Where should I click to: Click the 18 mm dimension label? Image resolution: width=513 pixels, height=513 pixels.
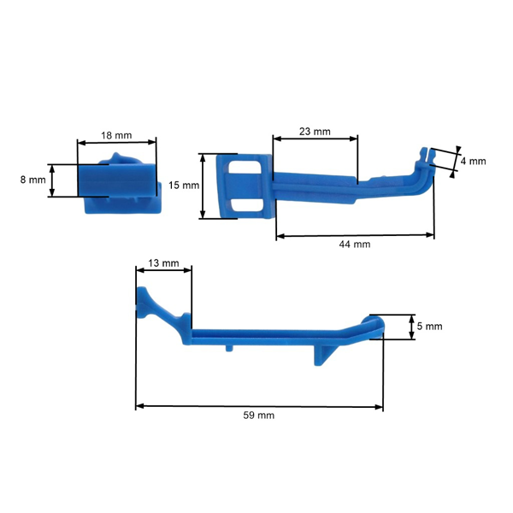116,135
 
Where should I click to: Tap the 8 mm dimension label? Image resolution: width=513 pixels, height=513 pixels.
32,180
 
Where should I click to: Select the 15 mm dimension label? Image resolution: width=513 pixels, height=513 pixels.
183,185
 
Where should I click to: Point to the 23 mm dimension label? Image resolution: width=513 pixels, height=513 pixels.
315,131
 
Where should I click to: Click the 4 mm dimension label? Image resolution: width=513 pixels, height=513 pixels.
473,161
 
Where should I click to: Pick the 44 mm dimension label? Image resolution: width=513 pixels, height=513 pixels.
355,245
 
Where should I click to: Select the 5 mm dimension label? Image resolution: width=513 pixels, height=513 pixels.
429,326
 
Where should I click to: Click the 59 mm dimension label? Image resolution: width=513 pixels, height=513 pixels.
259,415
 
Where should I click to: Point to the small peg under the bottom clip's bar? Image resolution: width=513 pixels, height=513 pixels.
229,348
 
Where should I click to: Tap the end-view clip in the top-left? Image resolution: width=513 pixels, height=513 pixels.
118,184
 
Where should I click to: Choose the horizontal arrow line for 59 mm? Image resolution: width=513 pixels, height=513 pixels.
259,405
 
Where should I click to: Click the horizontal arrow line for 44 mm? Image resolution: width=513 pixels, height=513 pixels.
355,235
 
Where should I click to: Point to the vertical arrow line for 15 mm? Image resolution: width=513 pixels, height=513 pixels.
203,186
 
